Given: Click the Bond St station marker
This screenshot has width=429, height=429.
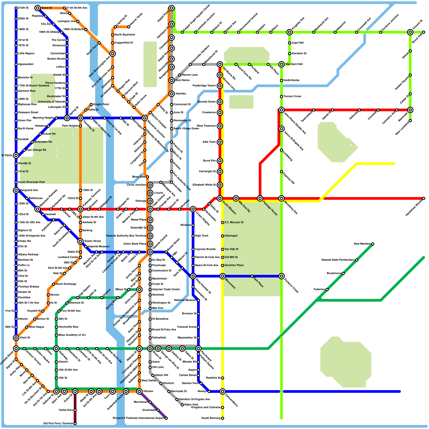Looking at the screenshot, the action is click(x=38, y=8).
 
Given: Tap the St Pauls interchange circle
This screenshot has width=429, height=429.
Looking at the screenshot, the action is click(x=16, y=156).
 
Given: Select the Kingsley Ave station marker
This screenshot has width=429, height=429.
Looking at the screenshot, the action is click(x=290, y=32).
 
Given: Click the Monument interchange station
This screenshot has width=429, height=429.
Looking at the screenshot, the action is click(x=223, y=276).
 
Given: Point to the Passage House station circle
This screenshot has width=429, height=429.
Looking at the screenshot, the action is click(x=260, y=198).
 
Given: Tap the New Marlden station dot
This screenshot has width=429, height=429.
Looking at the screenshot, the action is click(x=373, y=244).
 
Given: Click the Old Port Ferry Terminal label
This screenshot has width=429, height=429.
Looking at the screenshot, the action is click(x=58, y=424).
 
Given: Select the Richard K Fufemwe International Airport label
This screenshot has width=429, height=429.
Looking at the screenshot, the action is click(x=138, y=418).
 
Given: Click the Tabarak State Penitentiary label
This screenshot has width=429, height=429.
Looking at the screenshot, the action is click(x=338, y=260).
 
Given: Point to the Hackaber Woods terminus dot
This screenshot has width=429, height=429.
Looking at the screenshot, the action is click(x=424, y=198).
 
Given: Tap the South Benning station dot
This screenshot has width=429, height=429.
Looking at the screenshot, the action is click(x=223, y=418).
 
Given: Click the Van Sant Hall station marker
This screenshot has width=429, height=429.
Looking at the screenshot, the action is click(x=282, y=64).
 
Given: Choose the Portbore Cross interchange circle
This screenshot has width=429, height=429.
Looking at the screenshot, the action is click(x=282, y=276).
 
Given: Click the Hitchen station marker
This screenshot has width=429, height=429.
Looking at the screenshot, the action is click(x=139, y=391).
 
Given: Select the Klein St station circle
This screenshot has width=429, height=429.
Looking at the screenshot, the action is click(x=16, y=338).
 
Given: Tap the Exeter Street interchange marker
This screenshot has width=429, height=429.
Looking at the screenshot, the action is click(x=80, y=241).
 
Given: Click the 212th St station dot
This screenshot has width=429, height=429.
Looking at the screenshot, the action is click(x=16, y=8).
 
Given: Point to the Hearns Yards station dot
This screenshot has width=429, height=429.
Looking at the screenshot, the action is click(x=129, y=27).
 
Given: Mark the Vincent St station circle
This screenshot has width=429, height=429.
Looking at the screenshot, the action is click(x=410, y=32).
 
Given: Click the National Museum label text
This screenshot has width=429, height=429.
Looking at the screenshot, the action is click(x=185, y=300).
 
